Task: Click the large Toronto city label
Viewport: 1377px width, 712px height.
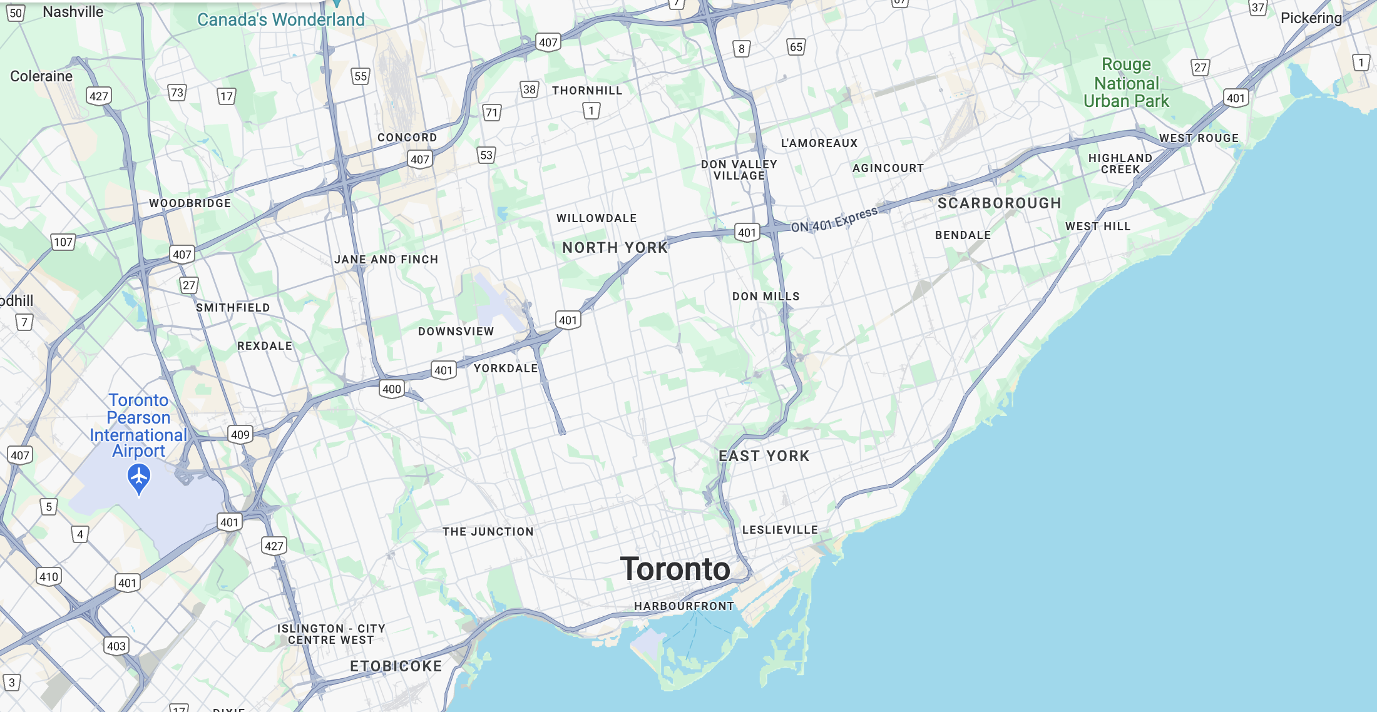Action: click(x=675, y=569)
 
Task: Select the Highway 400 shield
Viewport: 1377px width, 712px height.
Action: click(x=392, y=389)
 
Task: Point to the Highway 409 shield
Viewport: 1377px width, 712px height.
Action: click(x=240, y=435)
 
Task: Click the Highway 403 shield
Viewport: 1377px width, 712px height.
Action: click(x=116, y=646)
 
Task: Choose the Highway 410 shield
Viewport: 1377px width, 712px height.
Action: click(x=49, y=577)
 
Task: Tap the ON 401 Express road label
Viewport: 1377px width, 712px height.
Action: click(x=834, y=220)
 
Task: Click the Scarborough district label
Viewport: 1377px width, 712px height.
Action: click(x=999, y=203)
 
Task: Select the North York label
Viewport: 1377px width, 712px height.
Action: click(x=615, y=248)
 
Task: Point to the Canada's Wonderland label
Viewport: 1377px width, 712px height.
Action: click(x=281, y=20)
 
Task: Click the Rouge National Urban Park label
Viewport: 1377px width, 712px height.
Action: click(x=1126, y=83)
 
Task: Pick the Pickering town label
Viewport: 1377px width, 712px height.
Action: click(x=1311, y=18)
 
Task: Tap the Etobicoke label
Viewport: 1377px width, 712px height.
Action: click(x=396, y=666)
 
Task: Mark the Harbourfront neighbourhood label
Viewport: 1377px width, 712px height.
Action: click(x=683, y=606)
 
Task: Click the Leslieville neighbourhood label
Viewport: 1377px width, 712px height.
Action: click(x=780, y=530)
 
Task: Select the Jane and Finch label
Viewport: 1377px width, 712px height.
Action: click(x=386, y=260)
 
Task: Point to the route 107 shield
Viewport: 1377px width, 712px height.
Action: click(x=63, y=242)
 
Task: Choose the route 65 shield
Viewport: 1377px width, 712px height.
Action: click(x=796, y=47)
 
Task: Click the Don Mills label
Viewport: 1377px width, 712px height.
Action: click(x=766, y=297)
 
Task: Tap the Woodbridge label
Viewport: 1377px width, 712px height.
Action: click(x=190, y=203)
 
